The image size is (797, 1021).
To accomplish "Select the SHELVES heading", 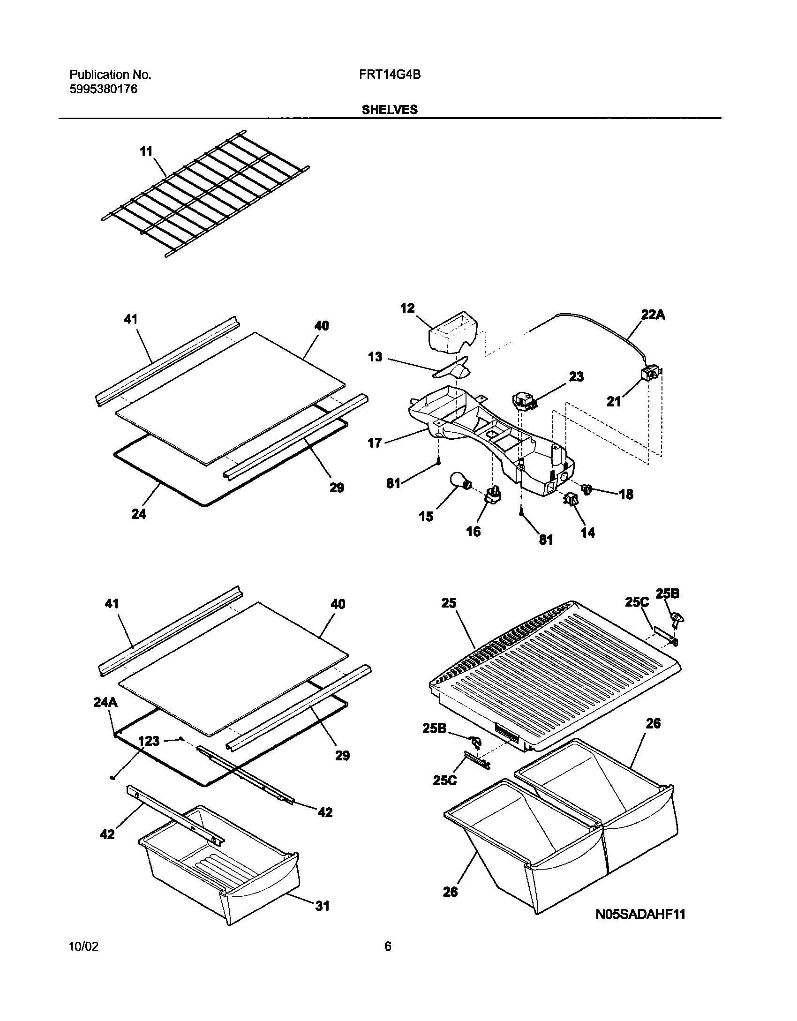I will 390,110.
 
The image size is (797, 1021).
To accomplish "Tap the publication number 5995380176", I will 104,90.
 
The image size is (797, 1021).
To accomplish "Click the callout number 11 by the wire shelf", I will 146,152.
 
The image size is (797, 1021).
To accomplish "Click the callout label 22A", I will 653,315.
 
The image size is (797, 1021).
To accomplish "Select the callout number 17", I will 375,443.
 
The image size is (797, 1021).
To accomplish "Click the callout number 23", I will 576,376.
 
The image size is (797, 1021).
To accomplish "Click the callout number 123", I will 149,741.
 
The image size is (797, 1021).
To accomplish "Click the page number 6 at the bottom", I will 388,959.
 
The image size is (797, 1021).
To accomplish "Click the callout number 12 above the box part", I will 407,308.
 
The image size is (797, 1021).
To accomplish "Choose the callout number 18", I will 626,494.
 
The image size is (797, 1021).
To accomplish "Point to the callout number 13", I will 375,357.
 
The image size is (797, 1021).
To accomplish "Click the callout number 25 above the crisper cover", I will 448,603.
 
